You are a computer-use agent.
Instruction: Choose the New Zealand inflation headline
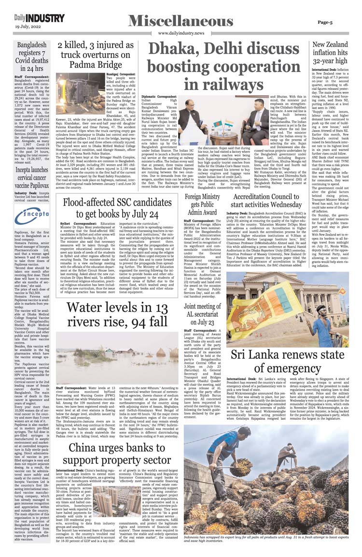coord(331,53)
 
